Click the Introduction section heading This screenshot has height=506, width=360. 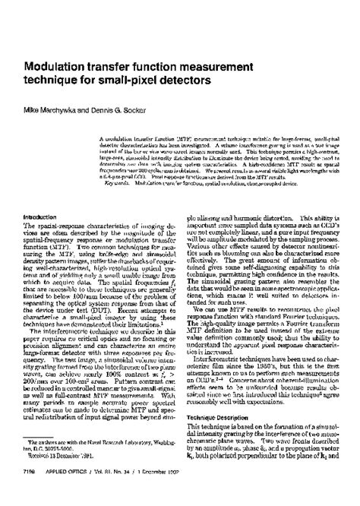(x=44, y=217)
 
